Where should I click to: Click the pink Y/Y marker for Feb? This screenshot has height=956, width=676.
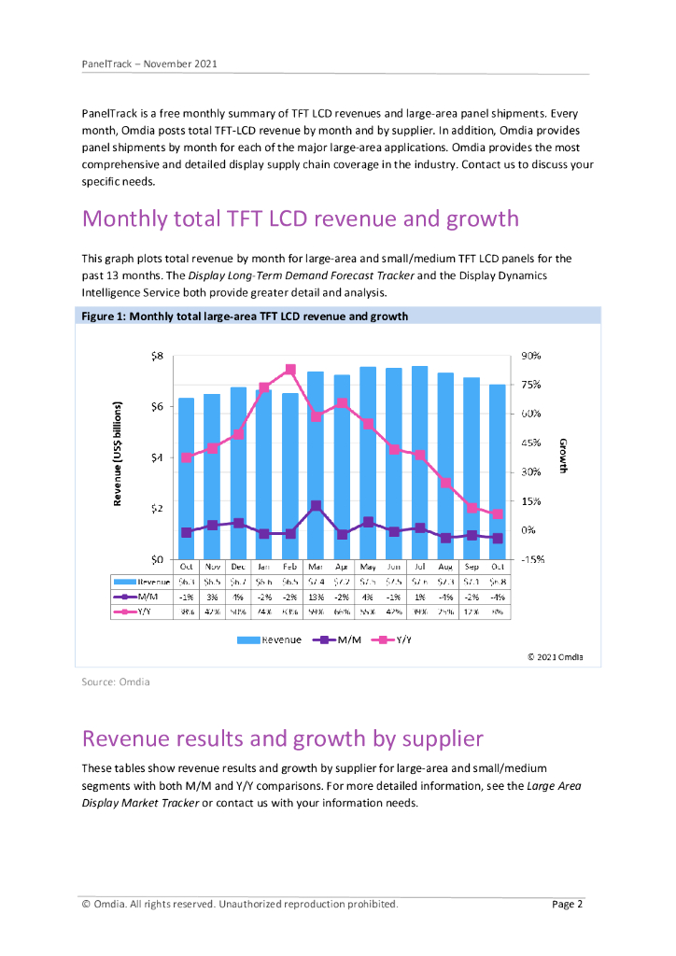(x=290, y=370)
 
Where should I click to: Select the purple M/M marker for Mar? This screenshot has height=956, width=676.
(x=317, y=506)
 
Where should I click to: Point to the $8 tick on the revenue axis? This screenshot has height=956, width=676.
(x=156, y=356)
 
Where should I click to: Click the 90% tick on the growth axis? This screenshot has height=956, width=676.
(x=531, y=356)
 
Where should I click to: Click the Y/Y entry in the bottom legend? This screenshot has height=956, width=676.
(x=392, y=640)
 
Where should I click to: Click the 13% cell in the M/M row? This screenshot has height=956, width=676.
(x=317, y=597)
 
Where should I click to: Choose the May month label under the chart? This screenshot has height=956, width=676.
(x=368, y=566)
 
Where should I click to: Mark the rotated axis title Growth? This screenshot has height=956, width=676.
(x=563, y=456)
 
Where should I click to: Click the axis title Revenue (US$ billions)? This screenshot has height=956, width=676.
(x=119, y=455)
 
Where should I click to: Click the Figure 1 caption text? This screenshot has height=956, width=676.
(x=245, y=316)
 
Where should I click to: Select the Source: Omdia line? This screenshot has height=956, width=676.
(x=116, y=682)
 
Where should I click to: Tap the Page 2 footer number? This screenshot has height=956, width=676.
(x=568, y=904)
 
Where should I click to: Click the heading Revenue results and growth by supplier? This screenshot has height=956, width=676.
(x=282, y=738)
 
